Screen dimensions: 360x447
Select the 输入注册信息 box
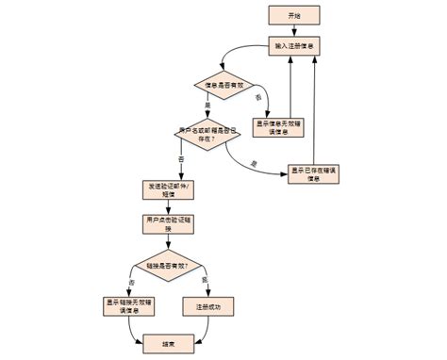point(296,46)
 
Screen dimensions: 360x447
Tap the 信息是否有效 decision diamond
point(227,87)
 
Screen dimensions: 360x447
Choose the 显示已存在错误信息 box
point(314,173)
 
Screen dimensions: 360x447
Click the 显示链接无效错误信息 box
point(131,306)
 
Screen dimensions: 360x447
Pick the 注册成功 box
point(208,306)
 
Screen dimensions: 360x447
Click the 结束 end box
point(167,346)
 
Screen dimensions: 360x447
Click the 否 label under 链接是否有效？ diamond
point(131,282)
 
